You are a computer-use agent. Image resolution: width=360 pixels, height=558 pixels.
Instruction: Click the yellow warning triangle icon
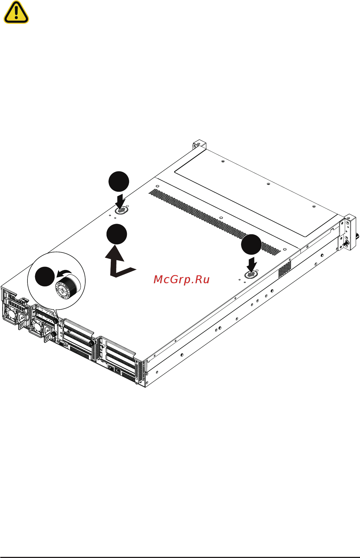coord(16,13)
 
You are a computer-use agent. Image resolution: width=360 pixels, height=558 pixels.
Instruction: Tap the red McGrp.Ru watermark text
coord(182,280)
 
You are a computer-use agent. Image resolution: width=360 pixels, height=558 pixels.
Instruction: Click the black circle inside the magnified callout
coord(45,276)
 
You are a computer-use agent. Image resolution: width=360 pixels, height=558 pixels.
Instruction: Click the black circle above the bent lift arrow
coord(116,234)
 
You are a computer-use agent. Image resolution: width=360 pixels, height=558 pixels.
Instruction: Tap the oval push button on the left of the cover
coord(122,210)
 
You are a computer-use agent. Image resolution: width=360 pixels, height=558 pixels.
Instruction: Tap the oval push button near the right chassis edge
coord(251,274)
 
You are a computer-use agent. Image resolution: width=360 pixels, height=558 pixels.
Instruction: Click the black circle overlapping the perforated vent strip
coord(251,244)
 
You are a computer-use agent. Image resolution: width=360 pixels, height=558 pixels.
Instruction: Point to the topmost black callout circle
coord(119,181)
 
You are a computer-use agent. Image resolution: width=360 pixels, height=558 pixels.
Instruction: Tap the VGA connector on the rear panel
coord(62,344)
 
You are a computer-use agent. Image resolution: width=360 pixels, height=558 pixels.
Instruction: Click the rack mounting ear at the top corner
coord(199,144)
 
